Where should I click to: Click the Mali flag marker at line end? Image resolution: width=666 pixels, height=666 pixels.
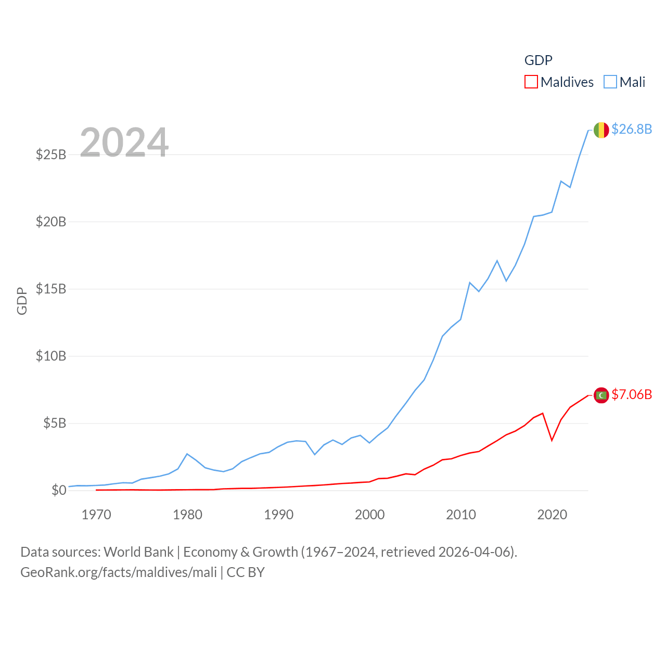(601, 130)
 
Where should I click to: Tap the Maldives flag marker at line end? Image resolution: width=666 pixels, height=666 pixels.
(601, 395)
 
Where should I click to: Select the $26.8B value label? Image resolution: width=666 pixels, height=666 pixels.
(632, 129)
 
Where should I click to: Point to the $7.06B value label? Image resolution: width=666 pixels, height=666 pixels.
(632, 394)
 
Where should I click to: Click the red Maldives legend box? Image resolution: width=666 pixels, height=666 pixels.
(531, 82)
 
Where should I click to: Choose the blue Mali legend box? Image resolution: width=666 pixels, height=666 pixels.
(610, 82)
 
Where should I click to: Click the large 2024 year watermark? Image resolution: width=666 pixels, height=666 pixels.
(124, 143)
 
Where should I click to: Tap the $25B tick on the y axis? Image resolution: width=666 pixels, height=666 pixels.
(51, 155)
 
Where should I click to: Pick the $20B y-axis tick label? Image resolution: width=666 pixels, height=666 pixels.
(51, 222)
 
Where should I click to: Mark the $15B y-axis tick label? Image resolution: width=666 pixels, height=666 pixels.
(51, 289)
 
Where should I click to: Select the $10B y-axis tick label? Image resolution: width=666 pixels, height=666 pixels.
(51, 356)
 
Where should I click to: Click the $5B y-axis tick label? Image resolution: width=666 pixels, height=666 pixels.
(55, 423)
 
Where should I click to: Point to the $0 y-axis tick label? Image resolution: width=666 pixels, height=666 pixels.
(59, 490)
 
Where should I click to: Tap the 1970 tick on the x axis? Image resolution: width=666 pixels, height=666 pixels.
(96, 515)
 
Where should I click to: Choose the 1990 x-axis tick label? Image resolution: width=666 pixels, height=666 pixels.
(279, 515)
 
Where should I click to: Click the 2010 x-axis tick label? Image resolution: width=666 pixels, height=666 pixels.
(461, 515)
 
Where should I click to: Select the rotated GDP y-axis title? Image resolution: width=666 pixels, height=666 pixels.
(22, 301)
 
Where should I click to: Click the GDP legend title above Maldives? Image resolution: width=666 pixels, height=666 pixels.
(538, 60)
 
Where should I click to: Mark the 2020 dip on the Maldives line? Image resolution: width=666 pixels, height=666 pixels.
(552, 440)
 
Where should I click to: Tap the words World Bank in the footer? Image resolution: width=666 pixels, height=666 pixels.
(138, 552)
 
